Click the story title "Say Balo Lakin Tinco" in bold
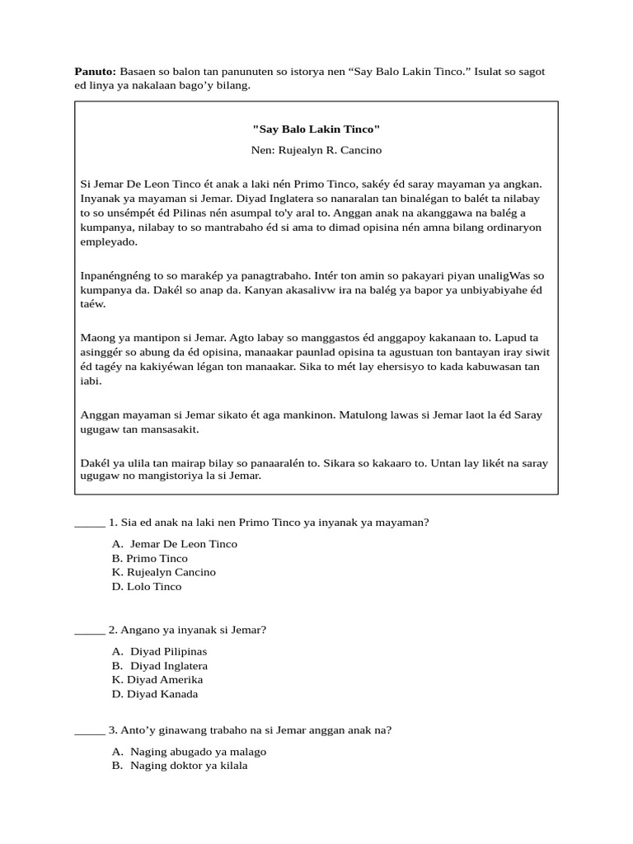point(316,129)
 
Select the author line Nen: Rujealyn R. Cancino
point(316,151)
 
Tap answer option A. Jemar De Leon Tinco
point(175,544)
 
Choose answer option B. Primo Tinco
point(150,558)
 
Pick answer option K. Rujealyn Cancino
point(163,572)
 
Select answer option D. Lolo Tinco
point(147,587)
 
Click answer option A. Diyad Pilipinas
point(160,651)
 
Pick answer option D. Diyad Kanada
point(155,694)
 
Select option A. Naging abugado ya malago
point(189,752)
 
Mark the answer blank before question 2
point(89,631)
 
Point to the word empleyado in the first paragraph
point(108,242)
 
